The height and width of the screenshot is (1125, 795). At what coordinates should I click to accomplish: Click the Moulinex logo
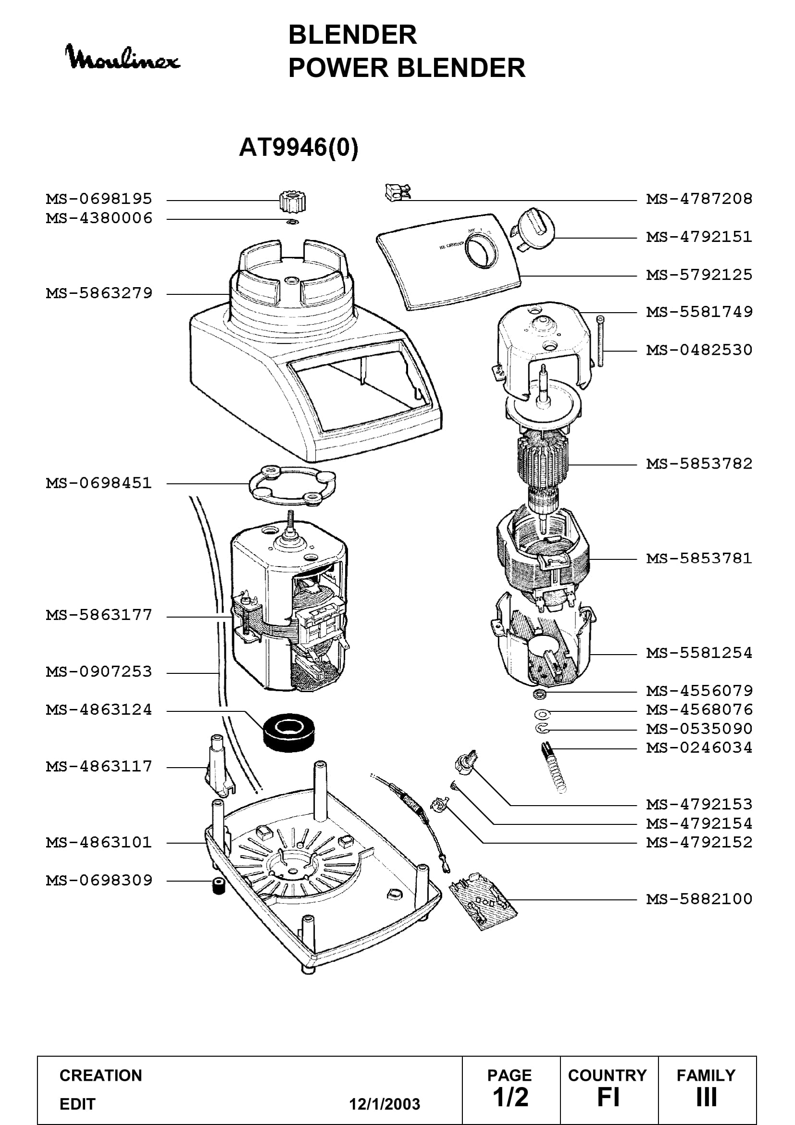pos(123,58)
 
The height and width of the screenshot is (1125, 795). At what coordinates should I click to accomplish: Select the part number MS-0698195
pos(99,199)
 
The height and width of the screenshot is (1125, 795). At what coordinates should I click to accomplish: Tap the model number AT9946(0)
pos(298,147)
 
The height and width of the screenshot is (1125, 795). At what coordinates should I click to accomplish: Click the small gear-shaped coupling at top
pos(293,201)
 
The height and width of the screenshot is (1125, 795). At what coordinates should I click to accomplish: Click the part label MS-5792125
pos(699,275)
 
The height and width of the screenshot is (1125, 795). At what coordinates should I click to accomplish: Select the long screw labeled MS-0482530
pos(601,341)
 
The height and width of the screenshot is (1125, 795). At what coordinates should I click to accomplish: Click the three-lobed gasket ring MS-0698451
pos(293,486)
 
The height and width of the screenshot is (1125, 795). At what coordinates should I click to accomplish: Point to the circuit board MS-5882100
pos(483,900)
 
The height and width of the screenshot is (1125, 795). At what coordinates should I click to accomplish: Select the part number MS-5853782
pos(699,464)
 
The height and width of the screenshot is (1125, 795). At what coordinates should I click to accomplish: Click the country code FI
pos(609,1098)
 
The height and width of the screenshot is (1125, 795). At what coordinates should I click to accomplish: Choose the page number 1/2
pos(510,1098)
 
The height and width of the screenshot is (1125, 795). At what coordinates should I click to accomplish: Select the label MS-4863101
pos(99,843)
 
